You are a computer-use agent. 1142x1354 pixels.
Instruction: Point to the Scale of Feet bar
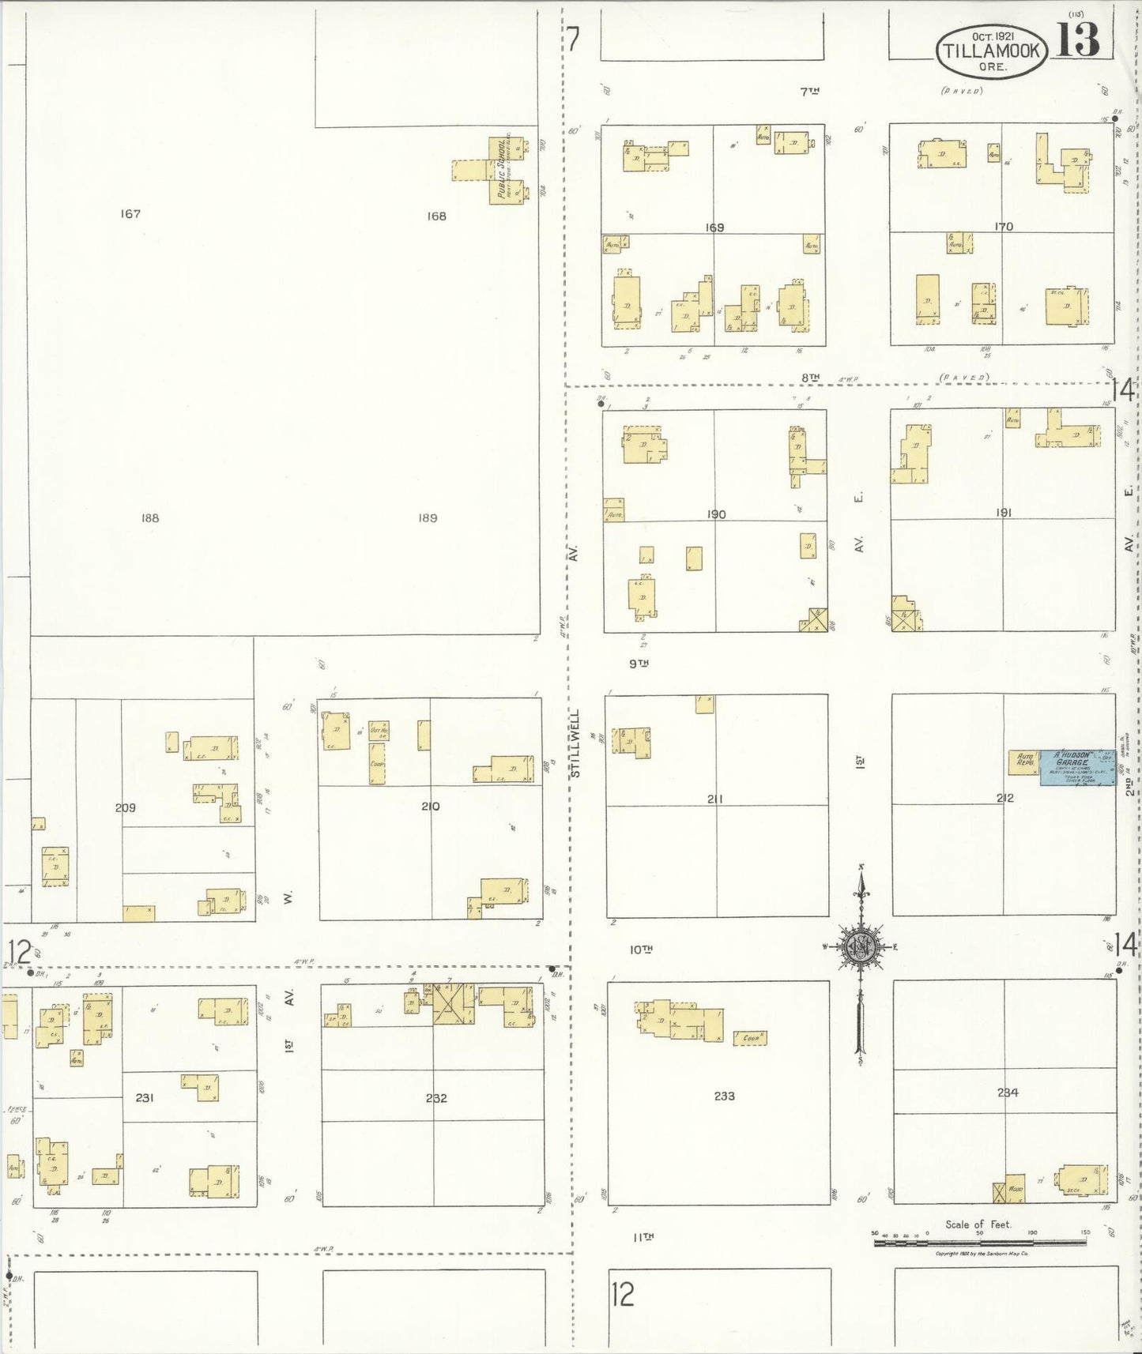[x=978, y=1243]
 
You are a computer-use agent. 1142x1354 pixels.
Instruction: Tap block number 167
[x=130, y=213]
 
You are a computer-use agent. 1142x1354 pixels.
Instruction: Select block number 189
[x=428, y=518]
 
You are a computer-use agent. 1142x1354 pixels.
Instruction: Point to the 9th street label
[x=639, y=664]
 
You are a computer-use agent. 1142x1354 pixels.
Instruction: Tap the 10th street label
[x=641, y=950]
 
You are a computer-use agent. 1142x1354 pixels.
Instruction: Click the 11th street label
[x=642, y=1237]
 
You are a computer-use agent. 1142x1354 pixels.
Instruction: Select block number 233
[x=724, y=1096]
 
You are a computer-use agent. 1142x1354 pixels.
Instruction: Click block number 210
[x=430, y=807]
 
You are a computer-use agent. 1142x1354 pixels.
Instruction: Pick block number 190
[x=716, y=514]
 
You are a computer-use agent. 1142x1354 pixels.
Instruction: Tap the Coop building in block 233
[x=749, y=1038]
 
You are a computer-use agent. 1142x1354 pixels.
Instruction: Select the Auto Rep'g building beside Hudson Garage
[x=1024, y=762]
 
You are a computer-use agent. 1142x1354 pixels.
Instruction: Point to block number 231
[x=144, y=1097]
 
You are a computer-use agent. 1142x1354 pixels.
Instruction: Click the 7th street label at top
[x=809, y=92]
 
